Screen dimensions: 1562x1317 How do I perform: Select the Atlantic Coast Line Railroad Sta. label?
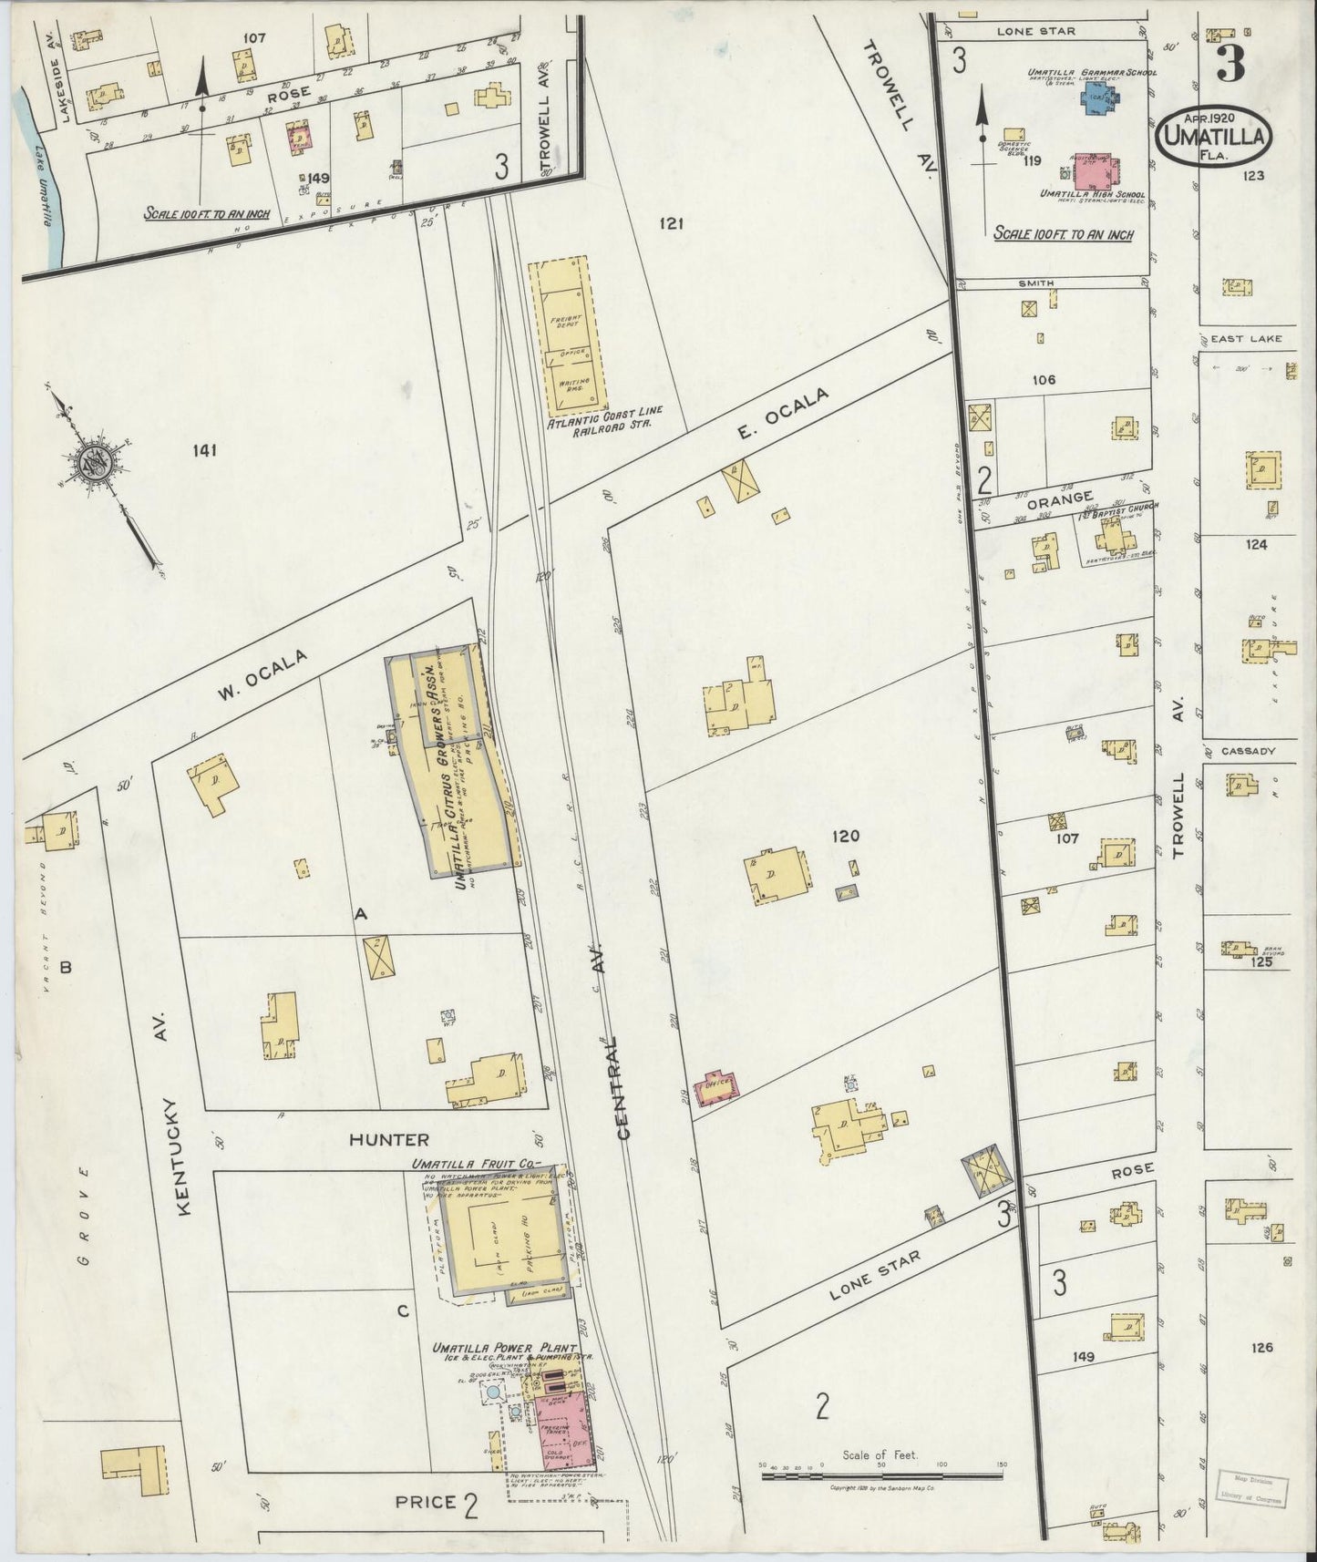(604, 428)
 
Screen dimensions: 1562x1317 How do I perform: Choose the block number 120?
(844, 835)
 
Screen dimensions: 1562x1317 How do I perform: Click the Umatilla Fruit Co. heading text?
(475, 1164)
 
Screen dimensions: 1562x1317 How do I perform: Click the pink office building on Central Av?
(715, 1087)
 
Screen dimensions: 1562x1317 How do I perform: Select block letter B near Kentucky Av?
(65, 968)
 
